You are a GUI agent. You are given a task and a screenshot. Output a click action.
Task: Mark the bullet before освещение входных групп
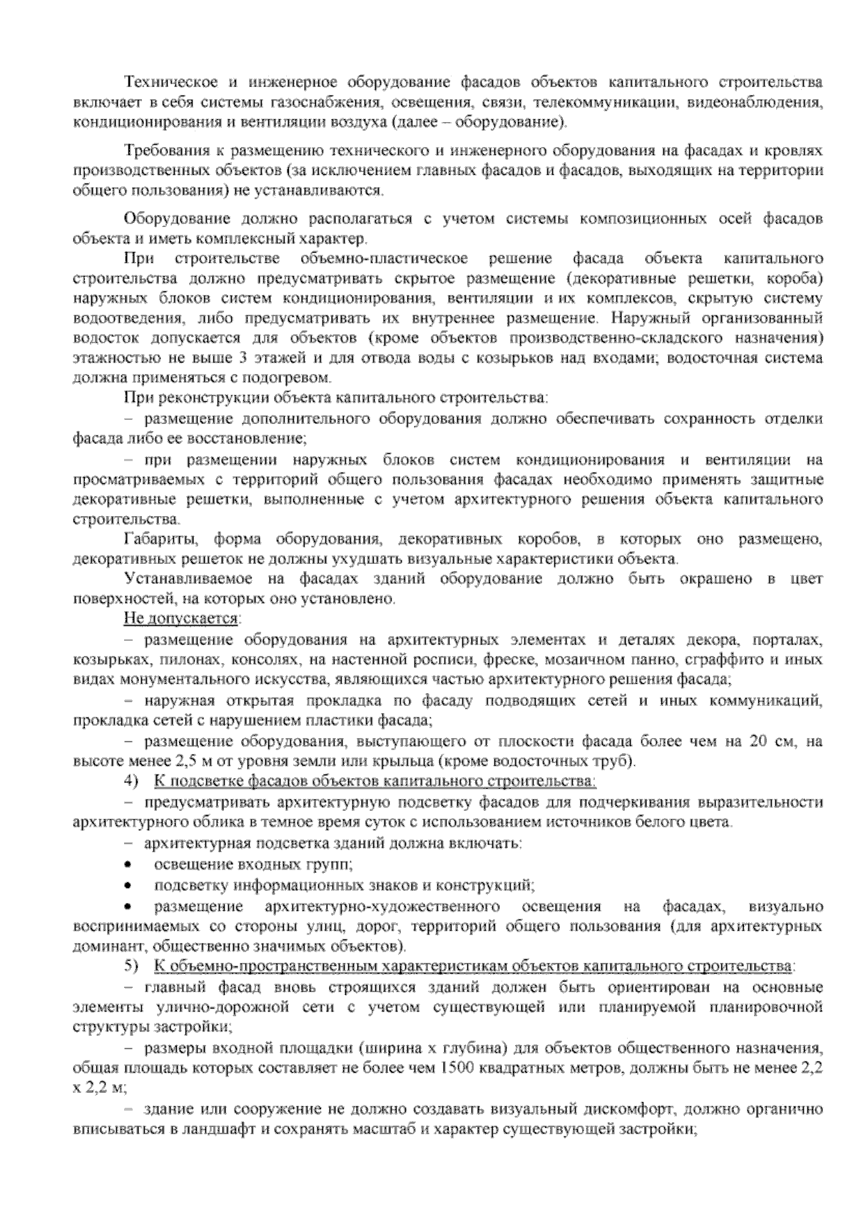128,865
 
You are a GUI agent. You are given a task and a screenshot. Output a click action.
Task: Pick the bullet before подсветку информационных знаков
128,886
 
